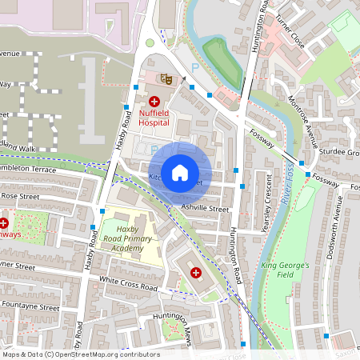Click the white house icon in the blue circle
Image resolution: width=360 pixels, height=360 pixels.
pyautogui.click(x=180, y=172)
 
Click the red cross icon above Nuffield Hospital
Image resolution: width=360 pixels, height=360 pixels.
pyautogui.click(x=154, y=102)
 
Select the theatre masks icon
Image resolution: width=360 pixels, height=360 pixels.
pyautogui.click(x=166, y=78)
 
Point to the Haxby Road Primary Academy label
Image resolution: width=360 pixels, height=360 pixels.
pyautogui.click(x=129, y=238)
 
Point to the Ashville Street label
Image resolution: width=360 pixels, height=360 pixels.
pyautogui.click(x=205, y=209)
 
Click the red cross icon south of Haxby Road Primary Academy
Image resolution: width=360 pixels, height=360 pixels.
pyautogui.click(x=195, y=273)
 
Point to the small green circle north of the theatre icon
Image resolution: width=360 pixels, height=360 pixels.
pyautogui.click(x=150, y=43)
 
